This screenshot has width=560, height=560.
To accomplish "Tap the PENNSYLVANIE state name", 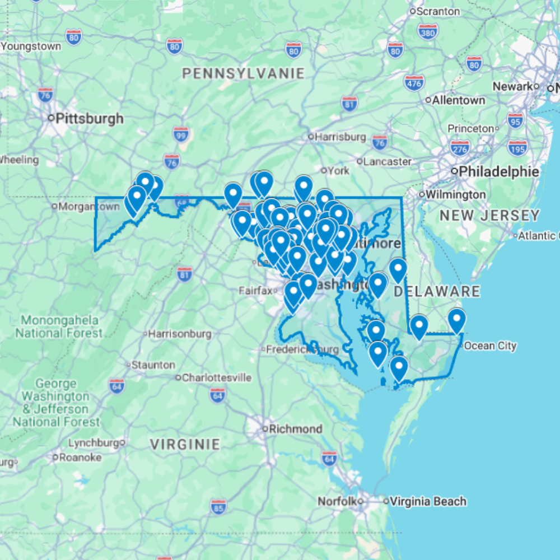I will pos(244,73).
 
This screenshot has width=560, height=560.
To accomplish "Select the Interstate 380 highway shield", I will pos(428,32).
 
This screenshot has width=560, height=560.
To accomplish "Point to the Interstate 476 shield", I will pos(414,83).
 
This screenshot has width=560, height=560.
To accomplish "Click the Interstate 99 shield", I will pos(181,134).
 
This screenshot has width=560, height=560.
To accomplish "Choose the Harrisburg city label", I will pos(340,136).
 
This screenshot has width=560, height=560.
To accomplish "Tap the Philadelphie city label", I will pos(498,171).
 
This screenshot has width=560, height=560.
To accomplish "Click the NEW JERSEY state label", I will pos(489,215).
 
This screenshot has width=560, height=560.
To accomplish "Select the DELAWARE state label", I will pos(437,291).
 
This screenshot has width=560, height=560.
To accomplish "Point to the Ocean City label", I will pos(490,346).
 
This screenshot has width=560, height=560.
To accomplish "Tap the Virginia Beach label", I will pos(428,501).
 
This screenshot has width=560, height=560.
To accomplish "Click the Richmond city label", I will pos(295,429).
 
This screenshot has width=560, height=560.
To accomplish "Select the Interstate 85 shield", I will pos(219,506).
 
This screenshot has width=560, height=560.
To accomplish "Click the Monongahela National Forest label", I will pos(59,326).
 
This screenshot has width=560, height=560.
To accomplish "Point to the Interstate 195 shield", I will pos(517,148).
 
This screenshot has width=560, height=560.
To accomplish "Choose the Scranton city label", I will pos(438,11).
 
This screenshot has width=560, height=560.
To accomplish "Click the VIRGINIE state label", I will pos(185,445).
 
